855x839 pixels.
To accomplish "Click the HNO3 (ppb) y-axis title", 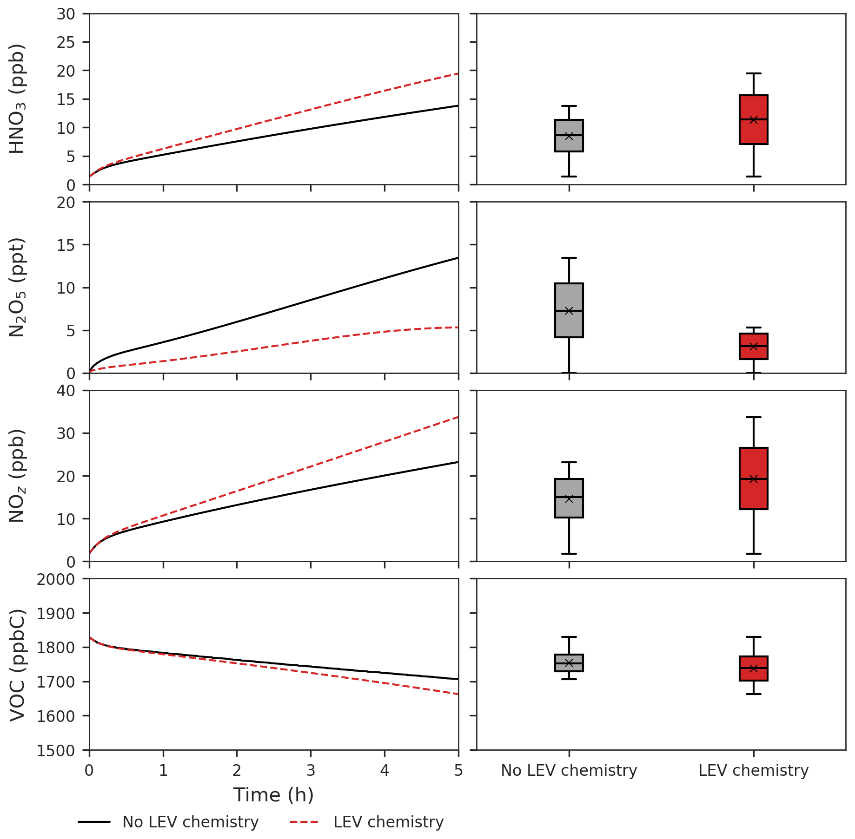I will pos(17,99).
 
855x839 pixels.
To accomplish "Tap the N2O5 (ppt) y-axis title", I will pos(17,288).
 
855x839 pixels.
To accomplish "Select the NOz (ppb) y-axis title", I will pos(17,476).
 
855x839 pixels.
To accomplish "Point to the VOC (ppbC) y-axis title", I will pos(17,664).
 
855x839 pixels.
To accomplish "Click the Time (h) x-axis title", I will pos(273,795).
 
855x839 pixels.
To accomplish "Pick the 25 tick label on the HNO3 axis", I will pos(66,42).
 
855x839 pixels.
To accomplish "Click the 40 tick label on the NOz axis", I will pos(66,391).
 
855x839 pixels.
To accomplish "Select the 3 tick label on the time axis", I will pos(311,771).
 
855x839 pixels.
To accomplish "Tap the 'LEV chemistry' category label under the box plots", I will pos(753,770).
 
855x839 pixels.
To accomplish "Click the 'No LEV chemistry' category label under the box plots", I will pos(569,770).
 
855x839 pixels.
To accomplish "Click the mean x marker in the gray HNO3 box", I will pos(569,136).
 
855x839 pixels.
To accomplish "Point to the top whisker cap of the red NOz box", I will pos(753,417).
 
